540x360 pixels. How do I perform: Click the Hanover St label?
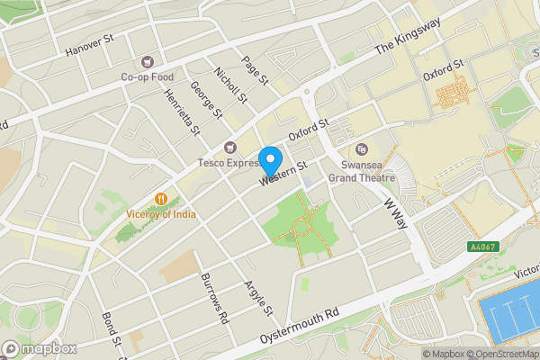tap(88, 46)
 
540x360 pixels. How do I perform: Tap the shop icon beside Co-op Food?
tap(145, 63)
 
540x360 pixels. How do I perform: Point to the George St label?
tap(207, 99)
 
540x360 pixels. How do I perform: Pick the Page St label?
tap(256, 70)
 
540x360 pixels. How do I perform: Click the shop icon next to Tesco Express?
tap(229, 148)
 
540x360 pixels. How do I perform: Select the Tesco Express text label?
tap(229, 163)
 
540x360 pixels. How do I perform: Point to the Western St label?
tap(284, 173)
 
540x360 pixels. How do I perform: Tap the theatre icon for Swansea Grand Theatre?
tap(362, 149)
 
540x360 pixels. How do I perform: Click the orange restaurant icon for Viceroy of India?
tap(161, 198)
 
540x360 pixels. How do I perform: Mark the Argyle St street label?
tap(258, 298)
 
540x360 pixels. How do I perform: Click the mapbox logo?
tap(39, 348)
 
